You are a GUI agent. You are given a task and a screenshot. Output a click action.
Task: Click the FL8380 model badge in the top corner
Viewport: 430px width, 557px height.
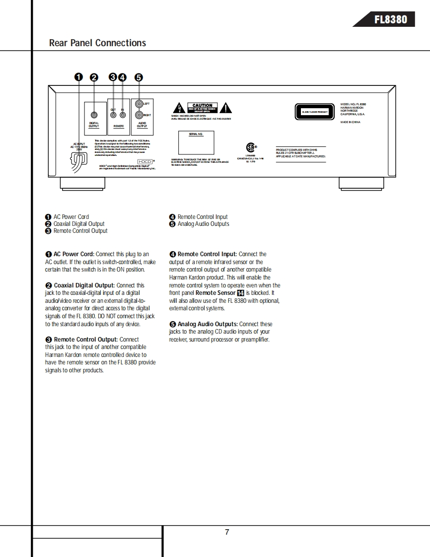[x=390, y=19]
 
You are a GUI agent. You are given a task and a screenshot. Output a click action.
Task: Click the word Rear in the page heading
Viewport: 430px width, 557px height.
[x=59, y=43]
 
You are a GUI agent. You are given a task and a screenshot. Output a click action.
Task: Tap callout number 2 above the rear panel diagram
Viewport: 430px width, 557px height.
[x=94, y=77]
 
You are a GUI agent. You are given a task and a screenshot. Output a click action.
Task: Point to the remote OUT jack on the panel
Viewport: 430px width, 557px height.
[x=114, y=115]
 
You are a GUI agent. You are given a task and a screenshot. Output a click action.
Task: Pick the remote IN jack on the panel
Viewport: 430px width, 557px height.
[x=123, y=115]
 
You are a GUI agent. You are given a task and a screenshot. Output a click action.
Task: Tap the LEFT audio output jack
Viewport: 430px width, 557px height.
[x=139, y=104]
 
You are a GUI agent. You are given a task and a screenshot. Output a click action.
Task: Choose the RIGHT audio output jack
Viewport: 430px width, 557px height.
[x=139, y=115]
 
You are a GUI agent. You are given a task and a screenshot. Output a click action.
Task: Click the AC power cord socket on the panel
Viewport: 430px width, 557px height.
[x=78, y=159]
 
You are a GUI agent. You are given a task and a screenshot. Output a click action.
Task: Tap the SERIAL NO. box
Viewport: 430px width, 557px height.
[x=196, y=142]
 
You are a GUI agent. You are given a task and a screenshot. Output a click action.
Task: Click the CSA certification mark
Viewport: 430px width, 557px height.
[x=251, y=147]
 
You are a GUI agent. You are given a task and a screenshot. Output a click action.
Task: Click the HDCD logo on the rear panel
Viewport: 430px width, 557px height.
[x=144, y=161]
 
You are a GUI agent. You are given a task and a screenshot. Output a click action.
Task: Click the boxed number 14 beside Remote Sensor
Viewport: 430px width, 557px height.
[x=241, y=293]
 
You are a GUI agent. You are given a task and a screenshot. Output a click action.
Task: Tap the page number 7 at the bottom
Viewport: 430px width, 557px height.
[x=227, y=532]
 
